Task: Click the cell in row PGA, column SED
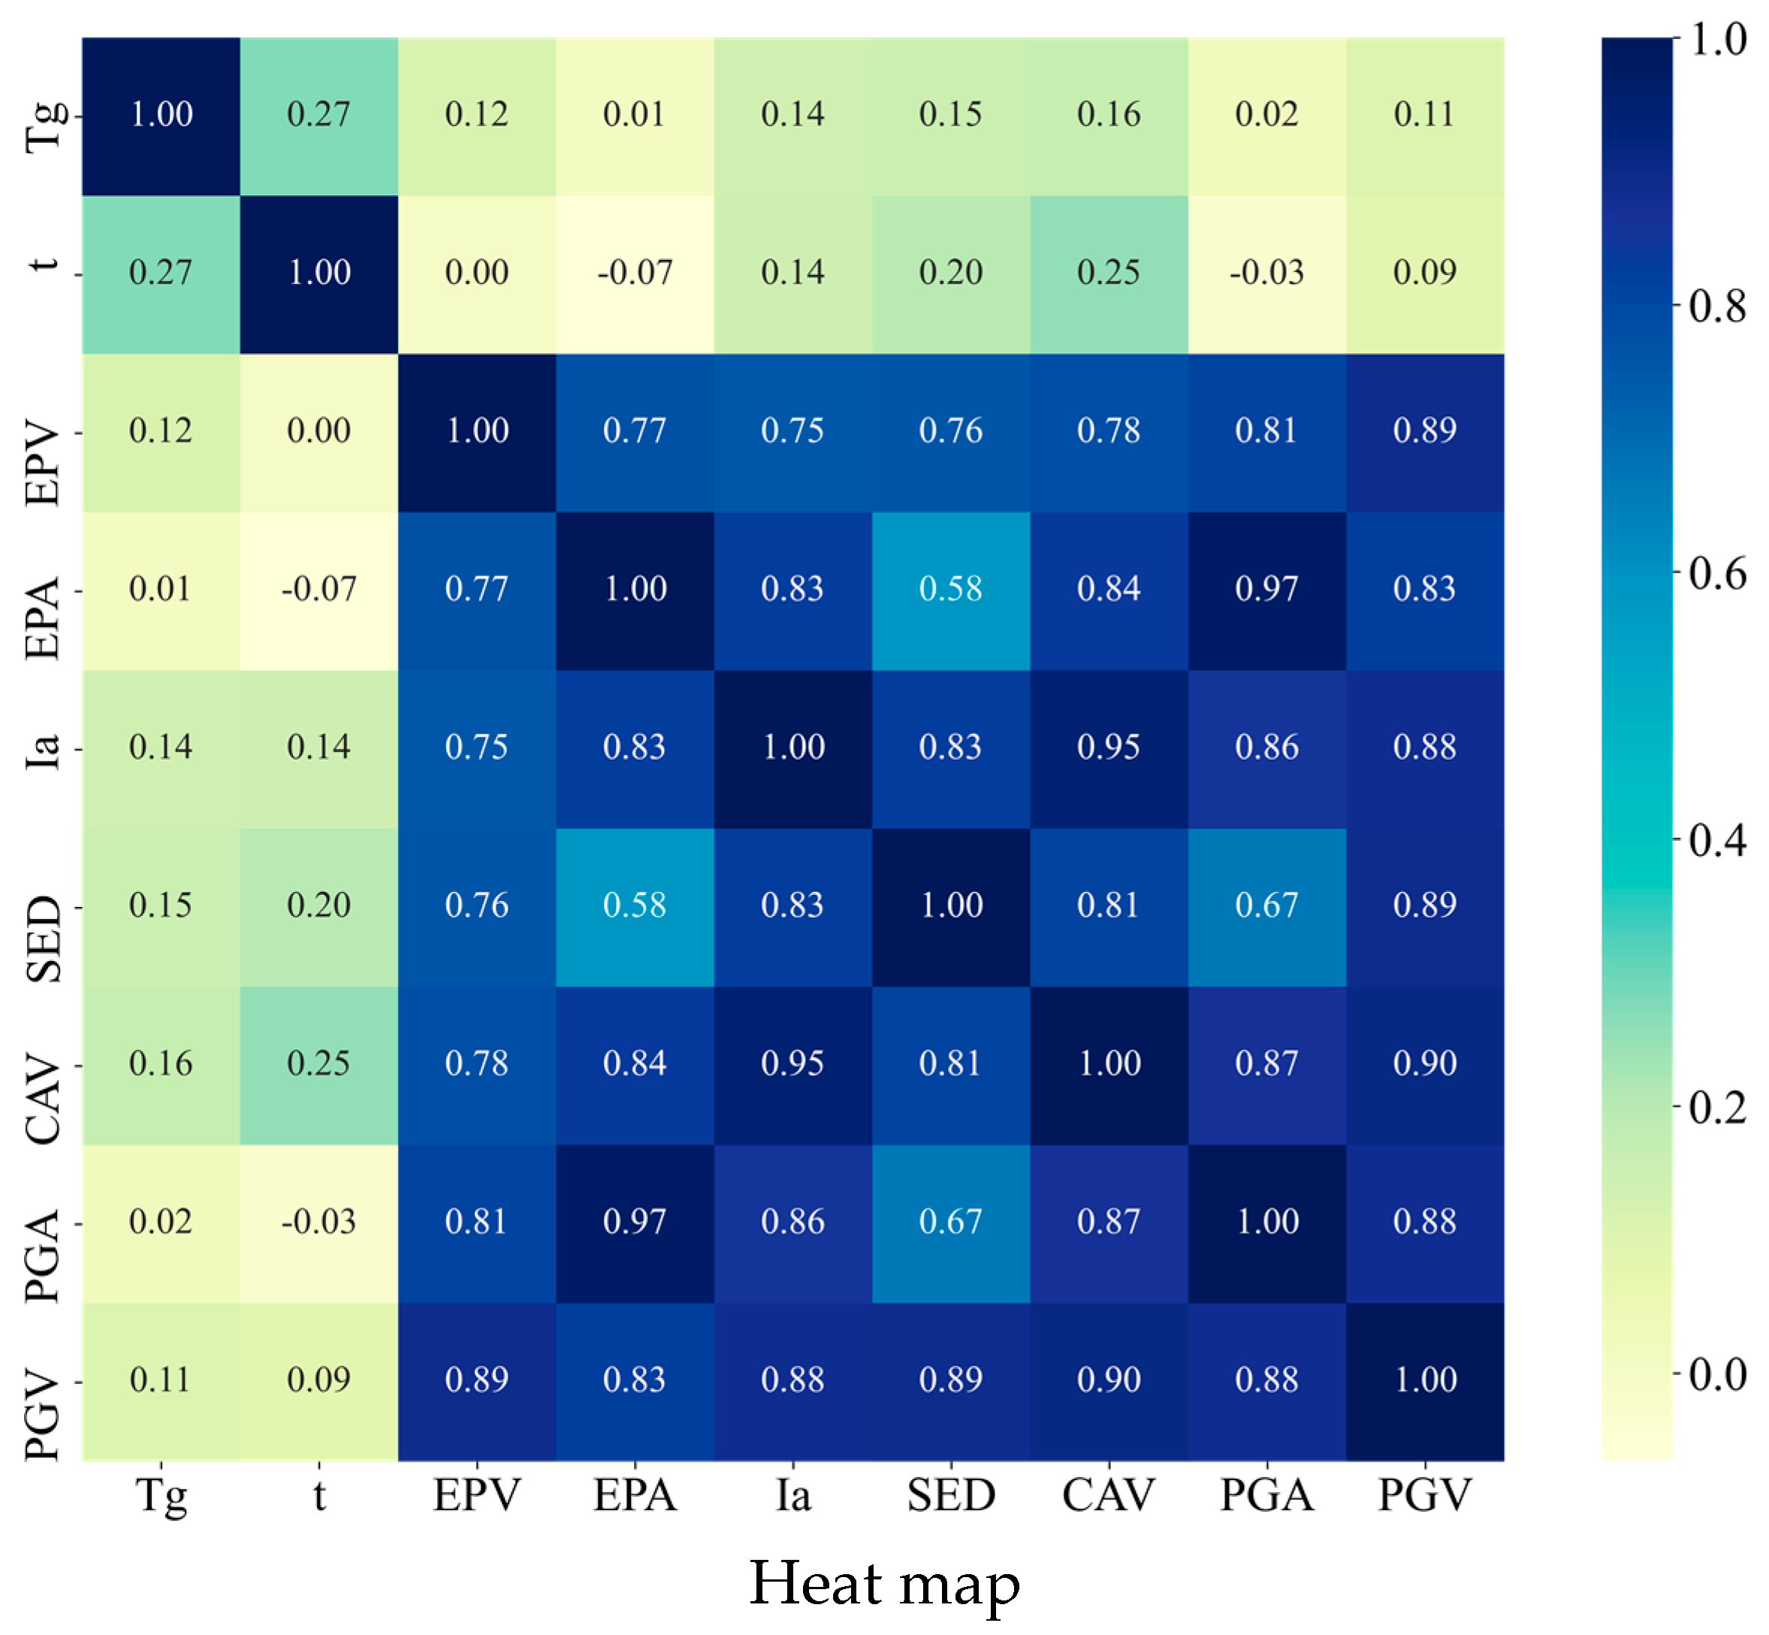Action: (951, 1222)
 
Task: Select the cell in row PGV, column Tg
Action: (161, 1381)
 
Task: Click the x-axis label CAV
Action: (1108, 1496)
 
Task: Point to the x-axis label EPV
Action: (477, 1496)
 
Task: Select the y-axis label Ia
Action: (43, 748)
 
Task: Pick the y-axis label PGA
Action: (43, 1256)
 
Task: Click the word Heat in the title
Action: (817, 1583)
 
